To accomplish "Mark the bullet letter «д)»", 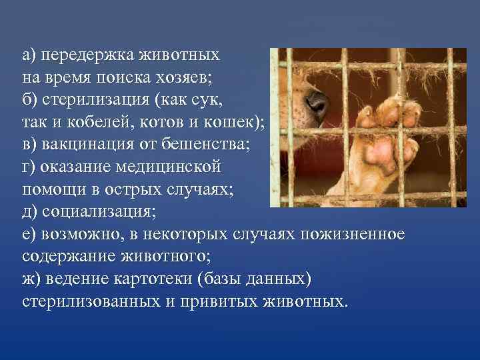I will coord(30,213).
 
